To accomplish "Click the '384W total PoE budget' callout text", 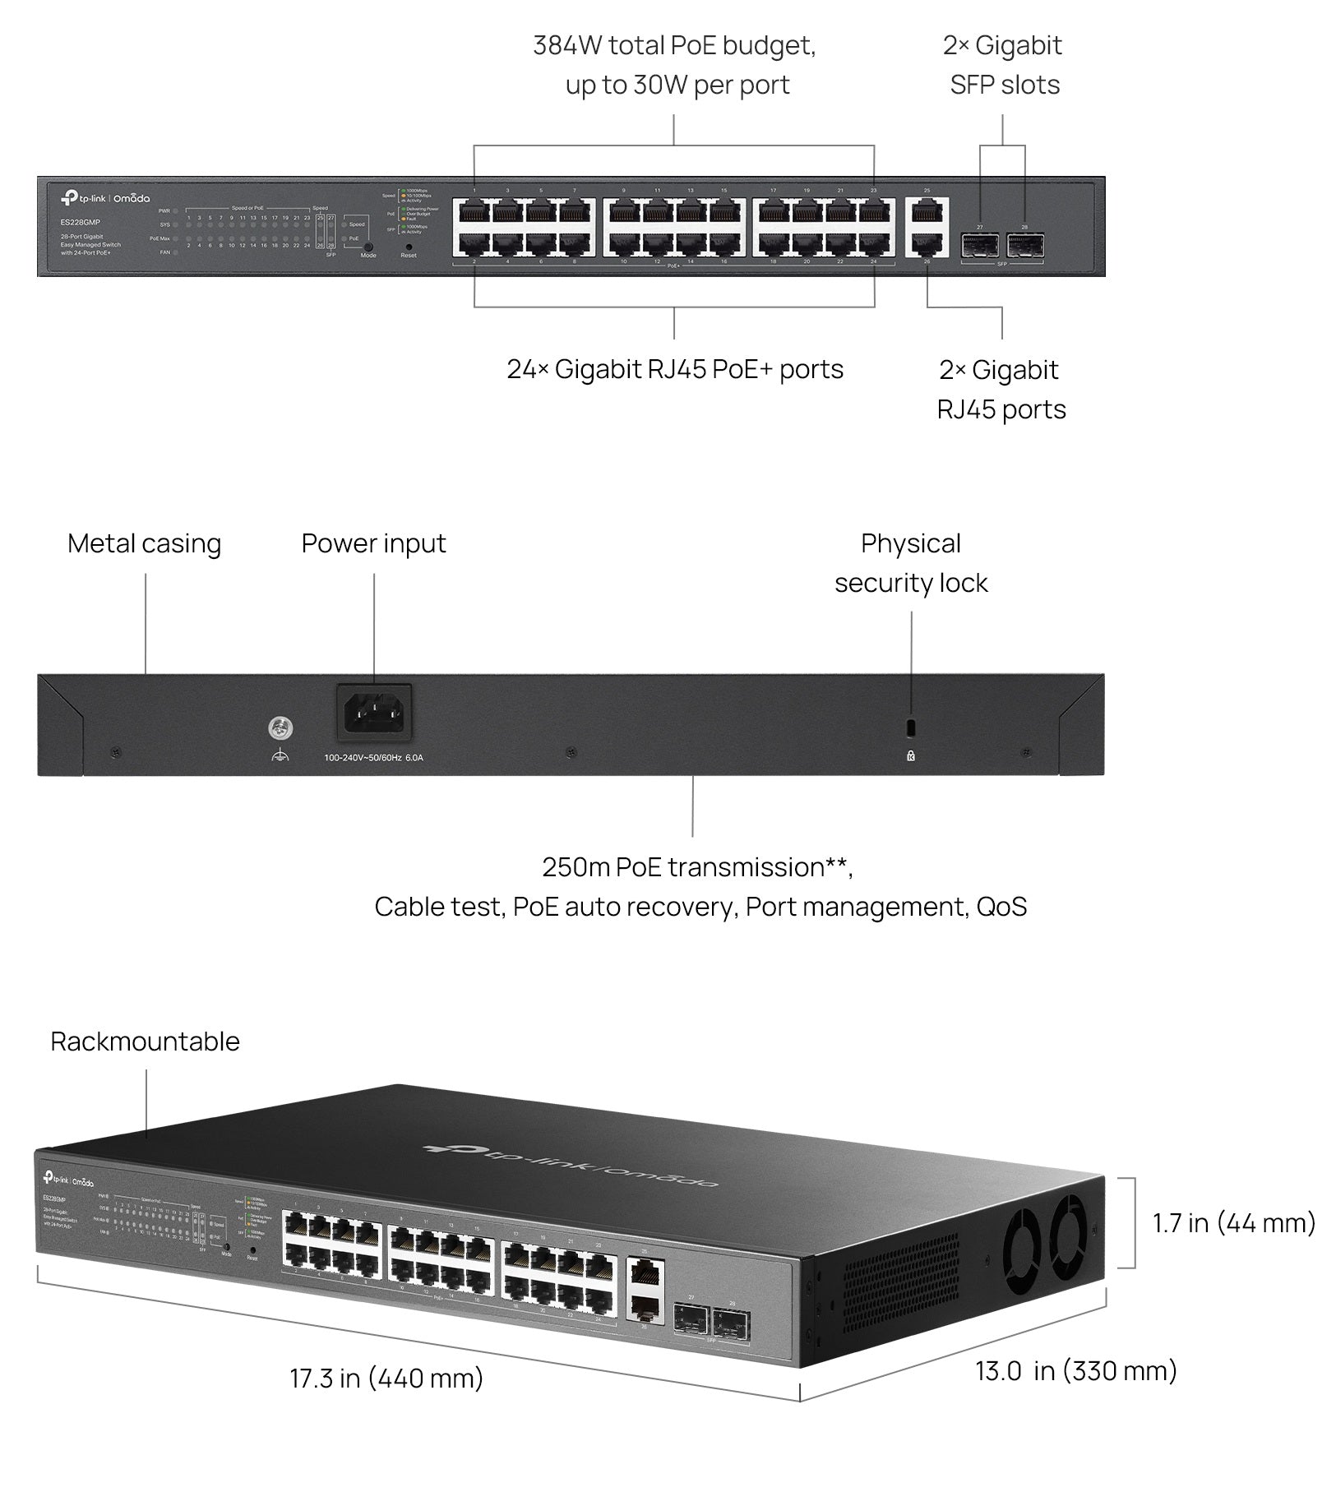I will pos(674,46).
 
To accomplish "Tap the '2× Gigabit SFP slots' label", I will pos(1002,65).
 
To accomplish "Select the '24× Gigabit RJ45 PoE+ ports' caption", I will pos(674,369).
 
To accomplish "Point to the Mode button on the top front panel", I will pos(368,246).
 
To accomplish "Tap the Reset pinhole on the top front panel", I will pos(409,246).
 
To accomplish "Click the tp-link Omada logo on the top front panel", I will pos(104,198).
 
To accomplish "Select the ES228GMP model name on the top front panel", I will pos(80,222).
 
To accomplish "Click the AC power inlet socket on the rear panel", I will pos(374,713).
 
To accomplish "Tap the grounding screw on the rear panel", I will pos(280,728).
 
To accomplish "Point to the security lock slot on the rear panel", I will pos(910,727).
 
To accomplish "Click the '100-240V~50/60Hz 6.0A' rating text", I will pos(373,758).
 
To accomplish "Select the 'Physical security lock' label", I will pos(910,563).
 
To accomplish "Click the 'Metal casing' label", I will pos(144,543).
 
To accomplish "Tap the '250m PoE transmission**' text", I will pos(697,867).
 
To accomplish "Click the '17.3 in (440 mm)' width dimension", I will pos(386,1379).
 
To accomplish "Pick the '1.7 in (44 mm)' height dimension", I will pos(1233,1223).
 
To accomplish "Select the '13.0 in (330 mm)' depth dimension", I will pos(1075,1371).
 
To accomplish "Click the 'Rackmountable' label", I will pos(145,1041).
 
